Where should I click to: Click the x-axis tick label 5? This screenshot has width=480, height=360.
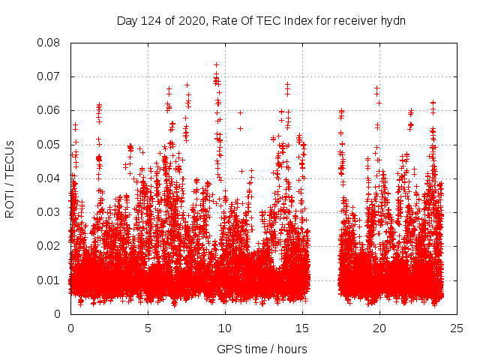(148, 328)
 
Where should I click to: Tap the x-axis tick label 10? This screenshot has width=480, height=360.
(225, 328)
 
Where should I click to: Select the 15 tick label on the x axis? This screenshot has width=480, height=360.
(302, 328)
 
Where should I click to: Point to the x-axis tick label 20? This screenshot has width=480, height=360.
(379, 328)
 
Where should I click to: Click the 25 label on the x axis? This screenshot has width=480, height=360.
(457, 328)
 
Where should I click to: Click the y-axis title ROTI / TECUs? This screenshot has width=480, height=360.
(10, 178)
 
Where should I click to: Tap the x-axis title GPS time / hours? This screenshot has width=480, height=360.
(262, 349)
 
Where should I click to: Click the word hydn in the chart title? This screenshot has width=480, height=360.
(393, 20)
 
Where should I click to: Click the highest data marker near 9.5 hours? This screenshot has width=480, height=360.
(216, 65)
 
